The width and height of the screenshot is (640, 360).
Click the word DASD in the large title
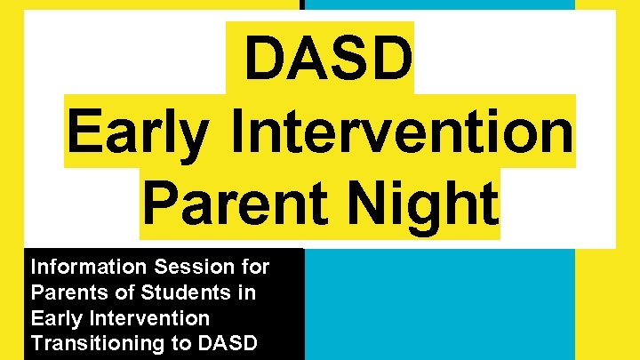327,59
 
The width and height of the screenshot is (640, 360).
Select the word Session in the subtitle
188,267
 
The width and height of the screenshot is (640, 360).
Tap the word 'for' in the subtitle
254,267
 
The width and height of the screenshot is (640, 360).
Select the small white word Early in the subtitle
55,318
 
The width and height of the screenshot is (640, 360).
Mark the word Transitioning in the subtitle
92,343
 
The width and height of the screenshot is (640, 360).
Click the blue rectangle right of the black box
439,303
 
